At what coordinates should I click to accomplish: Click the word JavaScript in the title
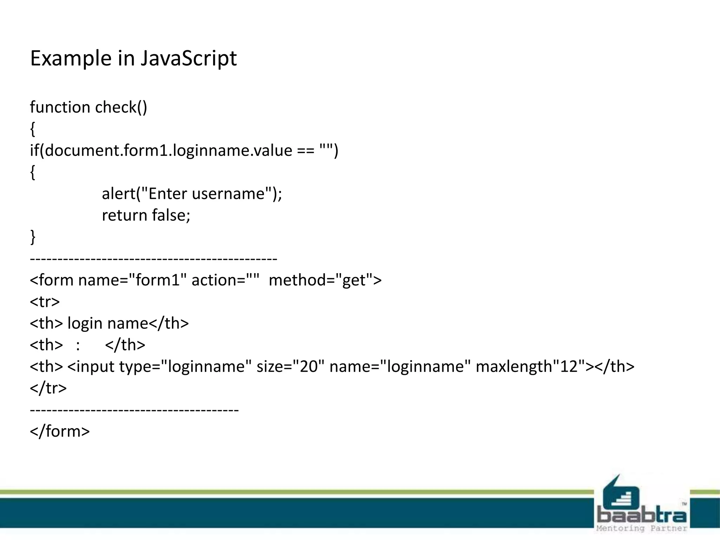[x=189, y=58]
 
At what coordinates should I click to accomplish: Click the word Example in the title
[x=71, y=58]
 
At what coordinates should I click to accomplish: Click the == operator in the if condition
[x=306, y=150]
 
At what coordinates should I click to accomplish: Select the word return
[x=124, y=215]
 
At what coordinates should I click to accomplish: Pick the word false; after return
[x=171, y=215]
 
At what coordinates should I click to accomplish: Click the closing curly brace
[x=33, y=237]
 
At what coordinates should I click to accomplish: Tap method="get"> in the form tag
[x=325, y=280]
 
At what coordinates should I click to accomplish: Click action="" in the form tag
[x=225, y=280]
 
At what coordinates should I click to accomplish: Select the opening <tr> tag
[x=45, y=302]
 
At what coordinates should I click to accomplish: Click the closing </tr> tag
[x=48, y=388]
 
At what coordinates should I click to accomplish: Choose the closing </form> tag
[x=60, y=431]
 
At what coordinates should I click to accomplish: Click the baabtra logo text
[x=642, y=515]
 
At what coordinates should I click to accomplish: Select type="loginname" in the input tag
[x=186, y=367]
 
